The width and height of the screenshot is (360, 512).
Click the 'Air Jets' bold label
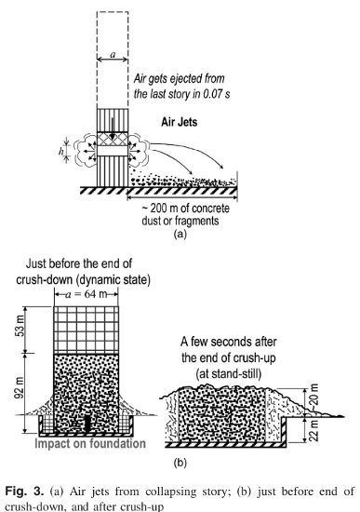click(x=180, y=122)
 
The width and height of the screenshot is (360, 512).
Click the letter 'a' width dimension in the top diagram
click(x=113, y=55)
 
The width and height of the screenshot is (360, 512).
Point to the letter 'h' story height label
click(x=61, y=151)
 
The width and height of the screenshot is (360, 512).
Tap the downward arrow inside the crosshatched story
click(x=113, y=128)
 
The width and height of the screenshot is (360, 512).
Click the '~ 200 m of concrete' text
click(x=185, y=209)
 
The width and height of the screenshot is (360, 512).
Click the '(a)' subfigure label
click(x=180, y=234)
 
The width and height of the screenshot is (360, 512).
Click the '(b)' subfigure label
click(x=180, y=463)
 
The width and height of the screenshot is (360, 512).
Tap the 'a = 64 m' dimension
click(x=87, y=294)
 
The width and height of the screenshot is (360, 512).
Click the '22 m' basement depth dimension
click(x=313, y=431)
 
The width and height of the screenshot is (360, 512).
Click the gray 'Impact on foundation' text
click(x=90, y=443)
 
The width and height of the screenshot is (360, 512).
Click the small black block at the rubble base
click(x=87, y=424)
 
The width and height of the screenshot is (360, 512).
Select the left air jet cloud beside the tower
click(x=85, y=152)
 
